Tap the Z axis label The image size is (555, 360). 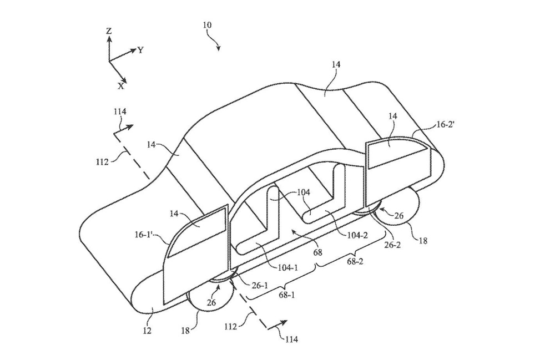click(x=109, y=32)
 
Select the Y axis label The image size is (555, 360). click(x=141, y=49)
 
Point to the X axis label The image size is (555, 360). click(x=121, y=86)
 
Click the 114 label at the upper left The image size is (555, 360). click(x=120, y=111)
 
